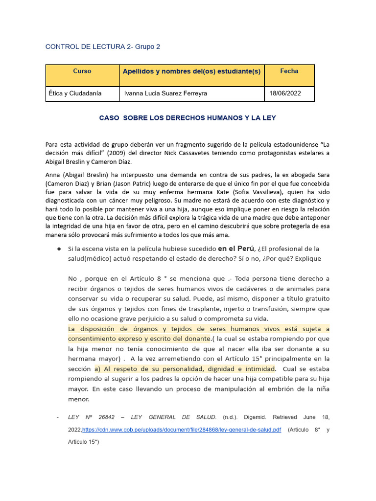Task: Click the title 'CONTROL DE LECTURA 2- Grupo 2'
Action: (x=102, y=47)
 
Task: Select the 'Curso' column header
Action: (x=82, y=71)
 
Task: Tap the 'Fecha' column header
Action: (x=289, y=71)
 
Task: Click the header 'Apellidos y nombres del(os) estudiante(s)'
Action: (x=191, y=71)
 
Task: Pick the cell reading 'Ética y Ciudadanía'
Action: (x=75, y=93)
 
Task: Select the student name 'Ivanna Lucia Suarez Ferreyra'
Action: (x=165, y=93)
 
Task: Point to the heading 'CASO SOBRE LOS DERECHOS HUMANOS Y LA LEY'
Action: (x=188, y=118)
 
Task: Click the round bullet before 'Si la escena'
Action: (x=58, y=249)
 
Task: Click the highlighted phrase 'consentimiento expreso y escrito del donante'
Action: (x=139, y=339)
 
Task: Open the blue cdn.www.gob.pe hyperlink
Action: (x=181, y=430)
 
